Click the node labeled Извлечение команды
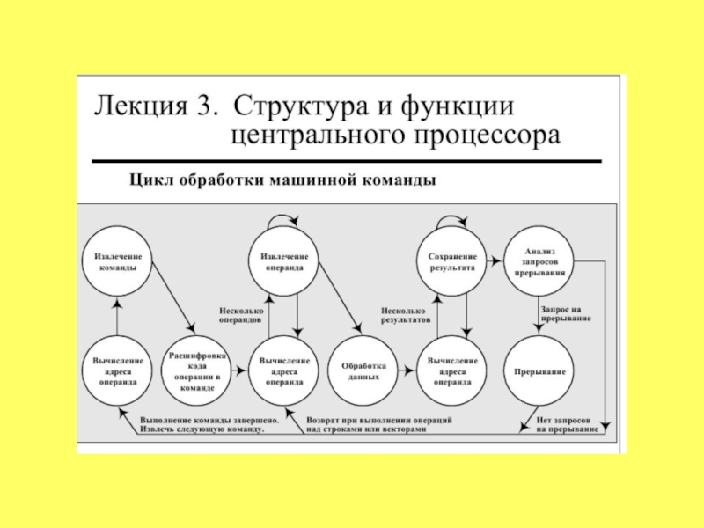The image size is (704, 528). click(116, 261)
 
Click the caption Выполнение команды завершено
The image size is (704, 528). click(209, 420)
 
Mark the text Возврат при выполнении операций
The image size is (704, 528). click(379, 420)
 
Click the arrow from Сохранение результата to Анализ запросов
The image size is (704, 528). click(494, 260)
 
